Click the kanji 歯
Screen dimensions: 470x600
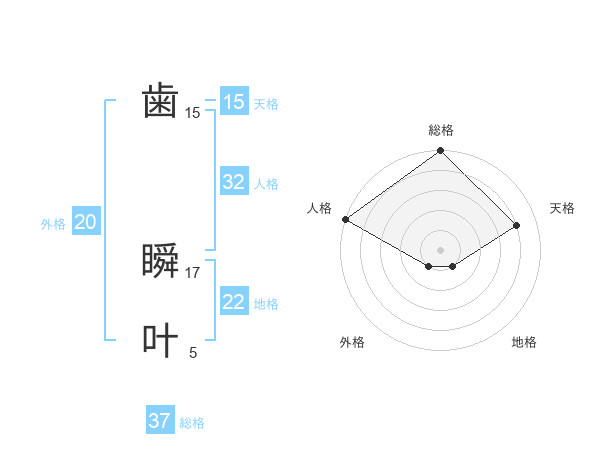160,102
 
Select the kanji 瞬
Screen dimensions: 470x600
160,262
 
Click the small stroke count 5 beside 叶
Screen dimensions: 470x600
193,352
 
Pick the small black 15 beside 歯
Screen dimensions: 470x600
193,113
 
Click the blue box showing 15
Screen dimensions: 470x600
233,102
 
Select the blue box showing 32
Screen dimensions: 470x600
233,182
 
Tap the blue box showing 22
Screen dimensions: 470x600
233,302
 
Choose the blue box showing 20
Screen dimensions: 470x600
85,222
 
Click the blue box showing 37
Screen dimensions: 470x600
159,421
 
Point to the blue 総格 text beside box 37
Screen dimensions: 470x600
192,423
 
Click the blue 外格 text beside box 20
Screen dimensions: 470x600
53,224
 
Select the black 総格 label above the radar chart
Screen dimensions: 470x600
440,130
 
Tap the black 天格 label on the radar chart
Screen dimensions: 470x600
562,208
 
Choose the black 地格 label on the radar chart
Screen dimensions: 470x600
524,342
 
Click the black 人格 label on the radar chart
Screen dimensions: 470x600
319,208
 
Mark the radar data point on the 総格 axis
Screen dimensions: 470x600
440,151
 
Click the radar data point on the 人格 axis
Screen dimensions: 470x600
345,219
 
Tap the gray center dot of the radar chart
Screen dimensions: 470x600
440,249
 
